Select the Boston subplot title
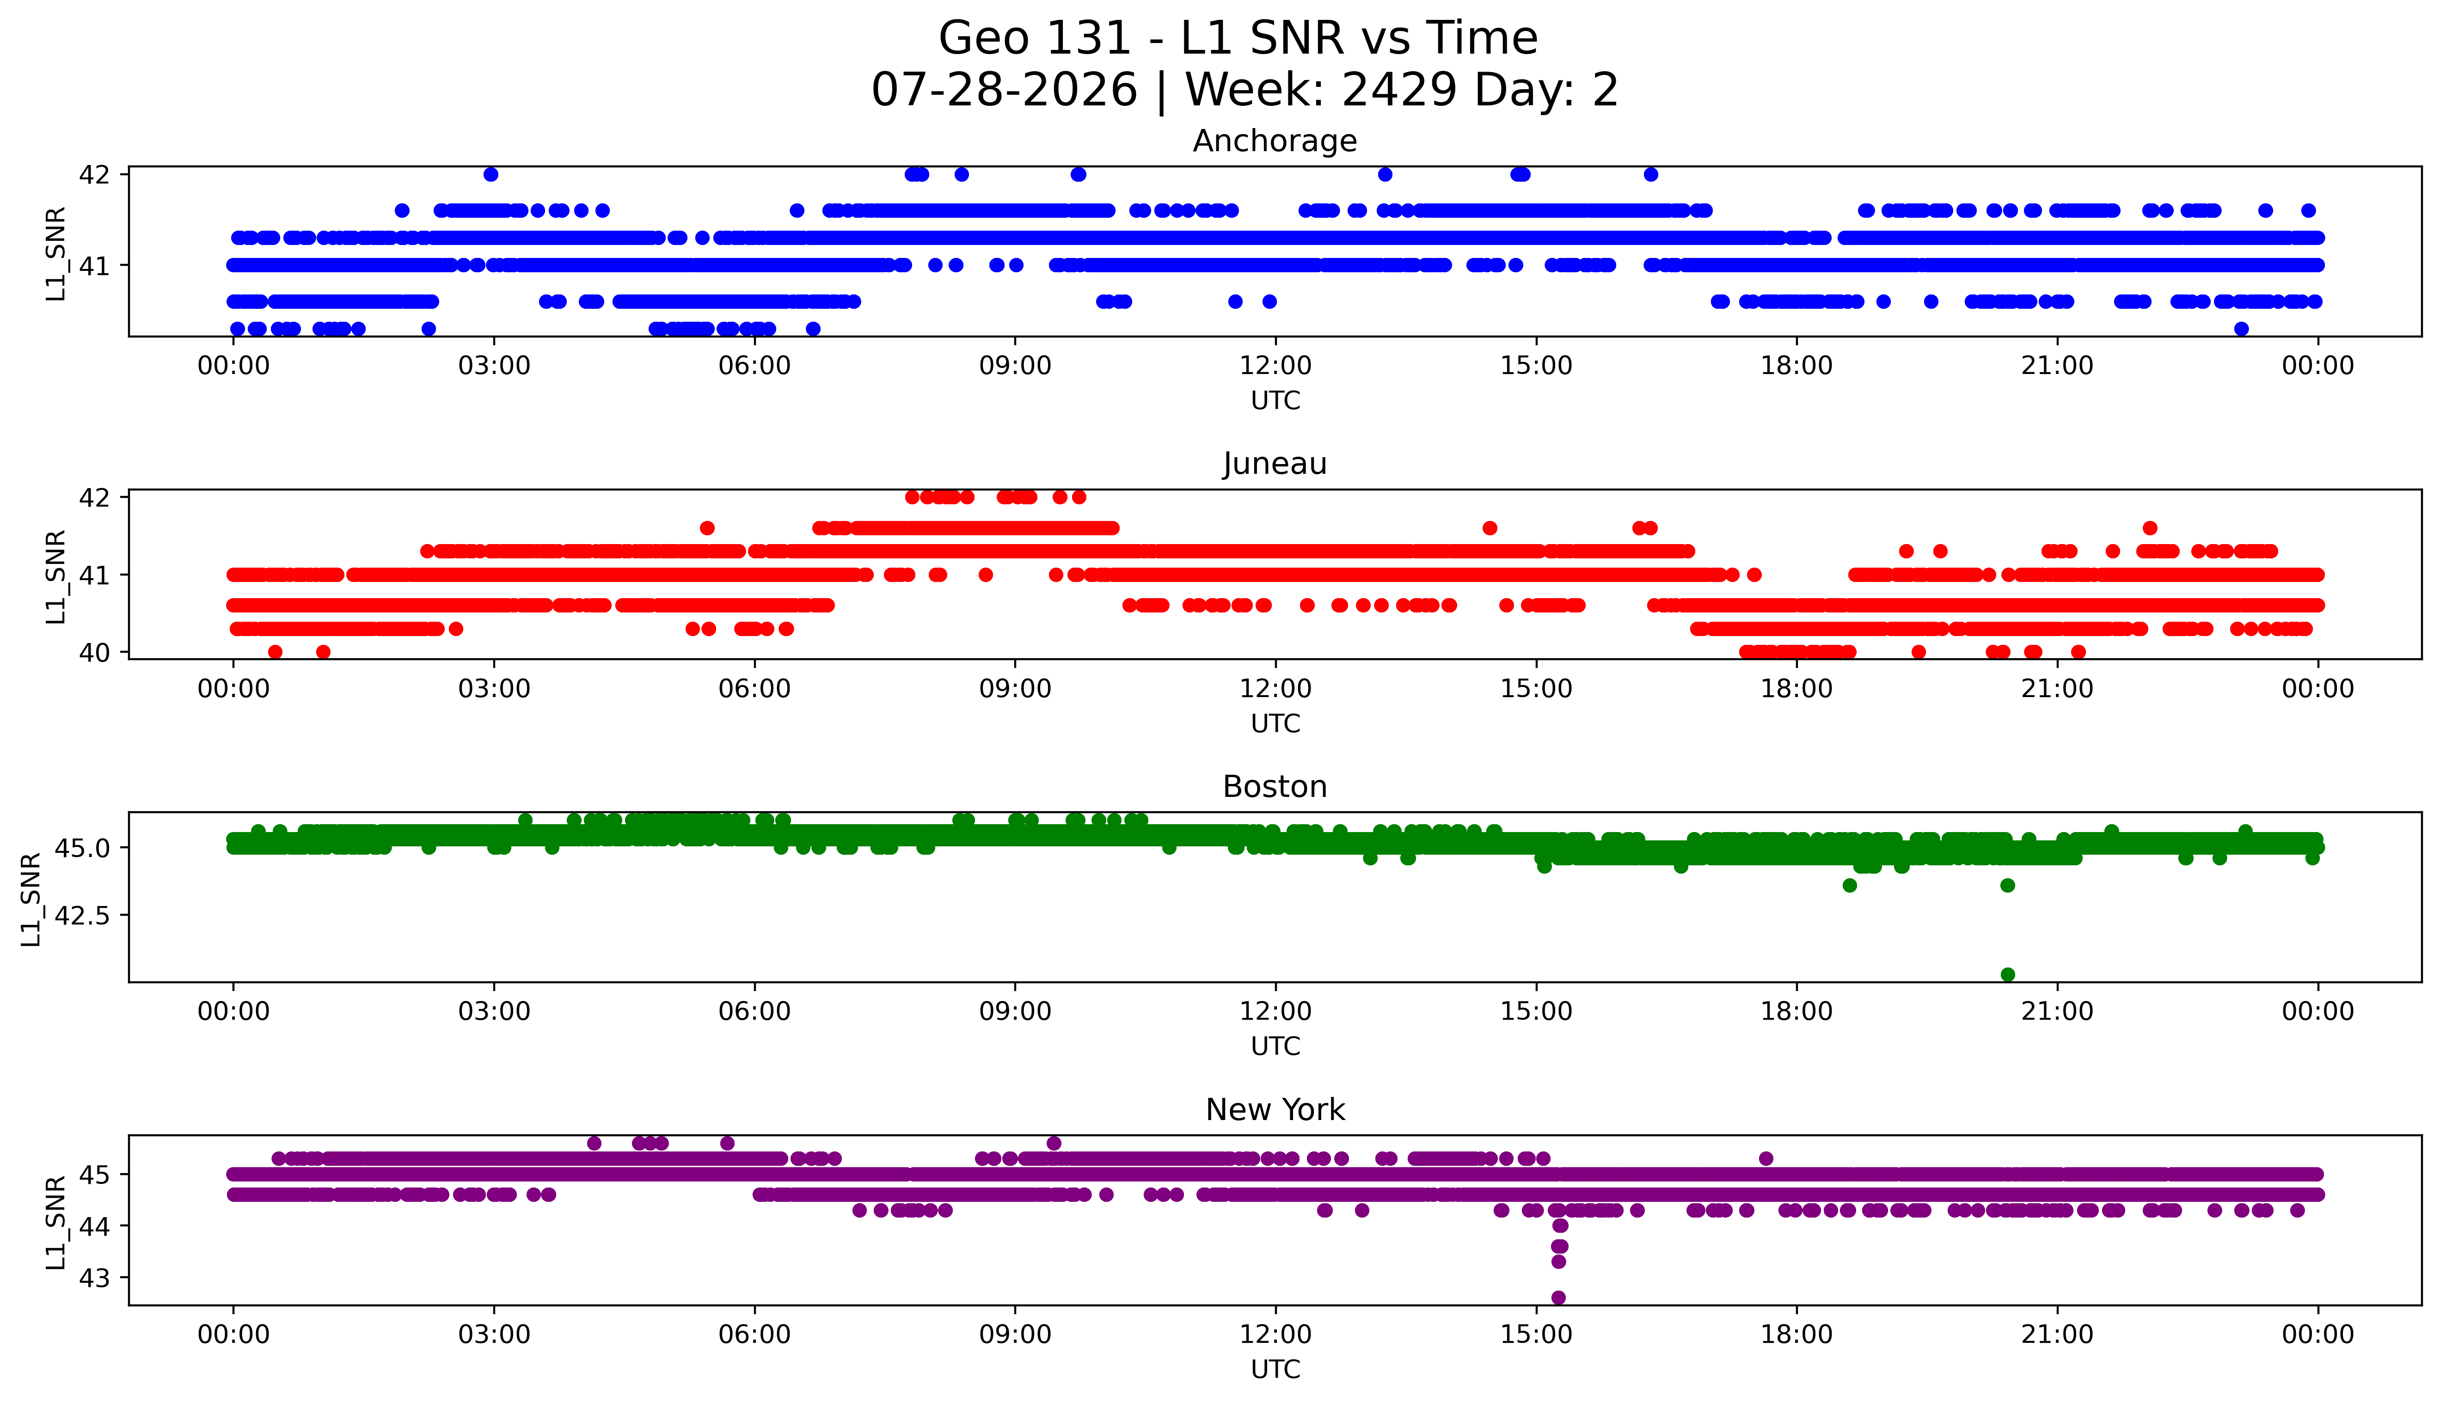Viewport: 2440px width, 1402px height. pyautogui.click(x=1275, y=787)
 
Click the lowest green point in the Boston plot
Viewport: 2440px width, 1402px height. pyautogui.click(x=2008, y=974)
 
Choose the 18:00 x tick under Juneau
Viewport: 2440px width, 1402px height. pyautogui.click(x=1797, y=688)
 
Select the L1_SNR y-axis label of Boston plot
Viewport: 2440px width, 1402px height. pyautogui.click(x=31, y=900)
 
